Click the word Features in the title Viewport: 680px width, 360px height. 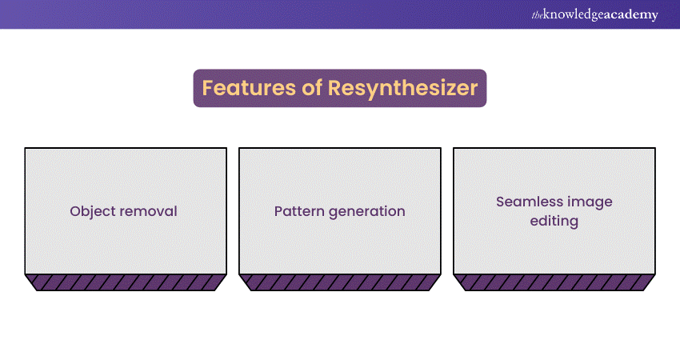click(249, 88)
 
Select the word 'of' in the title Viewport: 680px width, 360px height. click(312, 88)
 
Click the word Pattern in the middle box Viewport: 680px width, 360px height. click(299, 211)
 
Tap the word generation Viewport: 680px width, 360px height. click(367, 212)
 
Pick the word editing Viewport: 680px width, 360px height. click(554, 222)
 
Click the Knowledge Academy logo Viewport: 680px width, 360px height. click(594, 14)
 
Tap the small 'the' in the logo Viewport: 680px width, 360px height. click(538, 16)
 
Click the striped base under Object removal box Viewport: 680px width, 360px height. click(126, 282)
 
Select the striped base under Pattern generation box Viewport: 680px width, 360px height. click(340, 282)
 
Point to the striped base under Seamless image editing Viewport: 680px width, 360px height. click(554, 282)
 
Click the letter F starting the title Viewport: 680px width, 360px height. click(208, 88)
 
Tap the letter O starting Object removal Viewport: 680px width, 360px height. click(76, 211)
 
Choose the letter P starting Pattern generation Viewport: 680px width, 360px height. click(278, 211)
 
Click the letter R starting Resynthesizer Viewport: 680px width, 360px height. click(335, 88)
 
